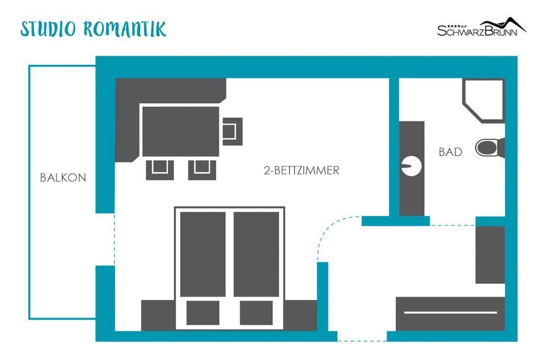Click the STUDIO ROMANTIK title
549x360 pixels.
tap(93, 29)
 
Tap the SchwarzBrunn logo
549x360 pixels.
tap(482, 26)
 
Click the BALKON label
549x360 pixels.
tap(63, 178)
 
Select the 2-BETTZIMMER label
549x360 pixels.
tap(301, 170)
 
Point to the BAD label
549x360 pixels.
tap(450, 152)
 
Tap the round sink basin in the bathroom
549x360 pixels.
tap(411, 166)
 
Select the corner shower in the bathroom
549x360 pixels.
tap(484, 101)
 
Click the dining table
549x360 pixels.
tap(180, 131)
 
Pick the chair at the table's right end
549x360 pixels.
tap(232, 132)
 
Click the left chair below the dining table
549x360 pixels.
tap(160, 170)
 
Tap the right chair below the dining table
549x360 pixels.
tap(202, 170)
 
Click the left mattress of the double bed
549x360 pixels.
tap(203, 254)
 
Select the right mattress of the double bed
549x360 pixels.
tap(256, 254)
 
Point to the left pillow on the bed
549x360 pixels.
tap(203, 313)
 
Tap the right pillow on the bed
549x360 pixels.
tap(256, 313)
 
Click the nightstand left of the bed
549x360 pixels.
tap(158, 315)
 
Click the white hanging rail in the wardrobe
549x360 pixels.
tap(450, 312)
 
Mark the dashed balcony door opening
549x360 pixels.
tap(115, 239)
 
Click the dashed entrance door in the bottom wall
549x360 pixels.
tap(362, 341)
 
